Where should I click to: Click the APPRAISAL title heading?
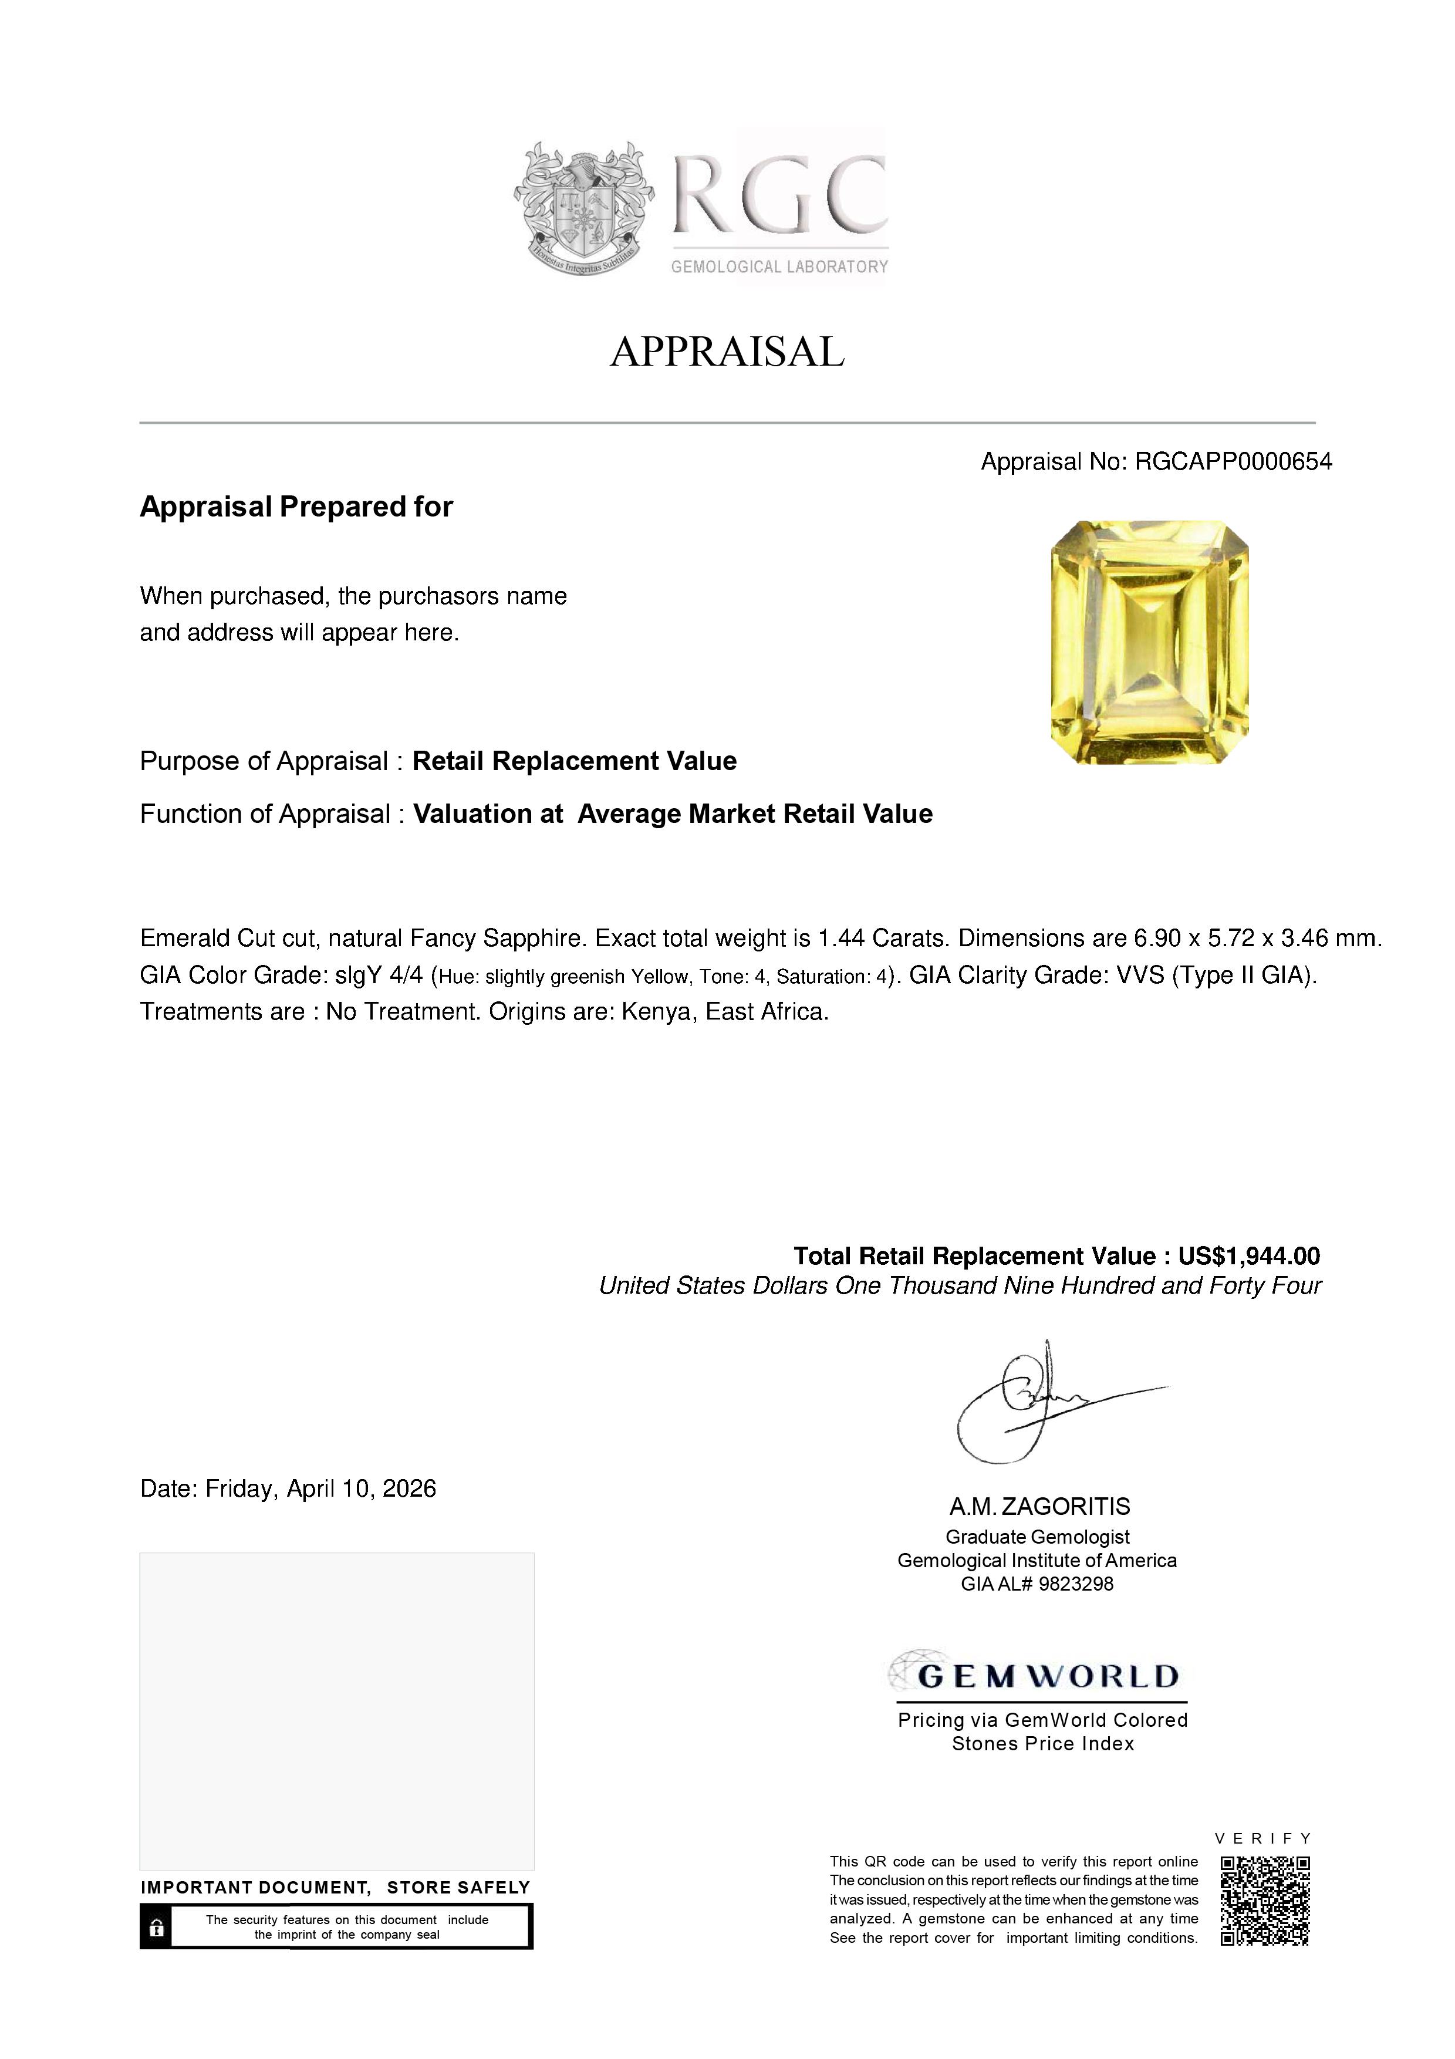(727, 352)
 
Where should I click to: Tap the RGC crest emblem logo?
(583, 208)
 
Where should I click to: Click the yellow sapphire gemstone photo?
(1149, 642)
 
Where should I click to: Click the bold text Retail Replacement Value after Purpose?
(574, 761)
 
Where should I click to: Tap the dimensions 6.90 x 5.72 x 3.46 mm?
(1258, 939)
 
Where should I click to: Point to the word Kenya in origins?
(653, 1012)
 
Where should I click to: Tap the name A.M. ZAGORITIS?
(1040, 1507)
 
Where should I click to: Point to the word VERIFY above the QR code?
(1263, 1838)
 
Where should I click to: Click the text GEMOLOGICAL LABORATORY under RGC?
(779, 266)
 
